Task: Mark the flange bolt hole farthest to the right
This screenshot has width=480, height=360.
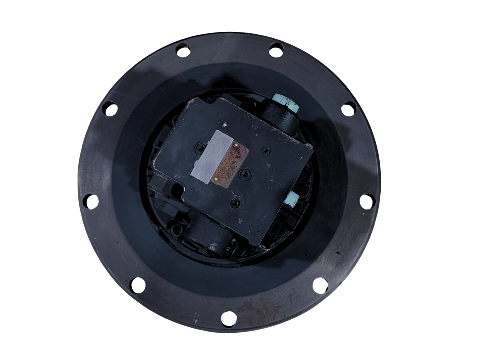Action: tap(366, 200)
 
